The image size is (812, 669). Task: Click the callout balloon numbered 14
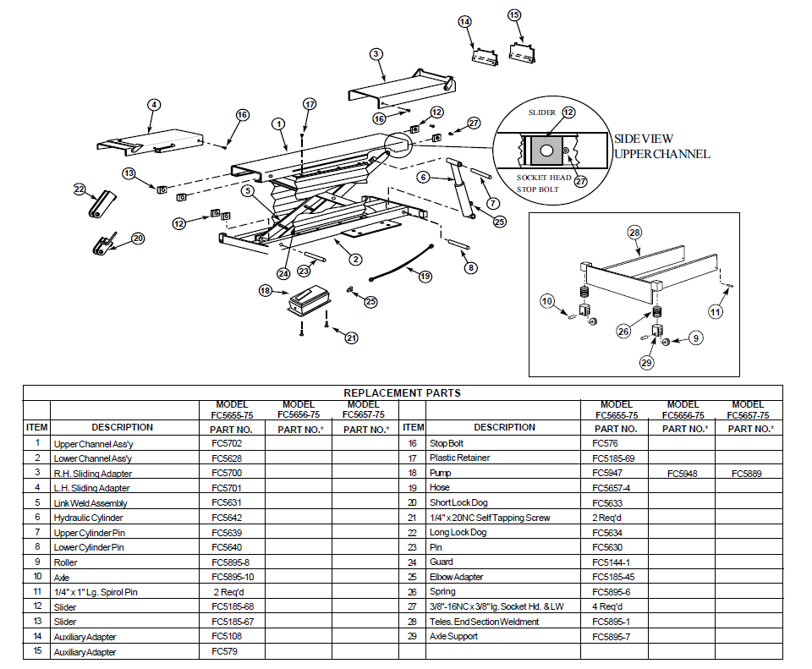point(464,21)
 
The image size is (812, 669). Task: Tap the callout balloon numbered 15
point(515,15)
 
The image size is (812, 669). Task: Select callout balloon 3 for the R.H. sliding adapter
point(376,54)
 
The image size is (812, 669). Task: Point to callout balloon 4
point(154,105)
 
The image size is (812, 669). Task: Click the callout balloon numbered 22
point(80,189)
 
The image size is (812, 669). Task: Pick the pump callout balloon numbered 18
point(266,291)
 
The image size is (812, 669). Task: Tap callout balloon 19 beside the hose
point(425,275)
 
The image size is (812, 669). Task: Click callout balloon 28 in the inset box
point(635,232)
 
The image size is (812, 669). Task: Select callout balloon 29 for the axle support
point(647,363)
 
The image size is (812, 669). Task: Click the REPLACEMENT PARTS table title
point(402,392)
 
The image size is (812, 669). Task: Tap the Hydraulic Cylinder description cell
point(89,518)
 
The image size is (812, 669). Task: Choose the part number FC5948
point(682,474)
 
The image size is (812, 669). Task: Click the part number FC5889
point(748,474)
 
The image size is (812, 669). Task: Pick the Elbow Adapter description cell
point(457,577)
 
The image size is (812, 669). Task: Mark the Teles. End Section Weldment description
point(484,622)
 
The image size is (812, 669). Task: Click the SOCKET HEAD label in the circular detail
point(543,178)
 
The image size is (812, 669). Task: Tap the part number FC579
point(223,651)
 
